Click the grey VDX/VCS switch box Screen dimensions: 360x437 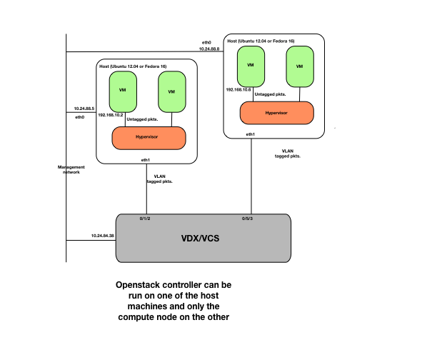point(203,237)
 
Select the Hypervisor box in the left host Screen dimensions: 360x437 point(149,137)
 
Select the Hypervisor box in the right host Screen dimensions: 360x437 point(276,113)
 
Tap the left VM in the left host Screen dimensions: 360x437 point(122,90)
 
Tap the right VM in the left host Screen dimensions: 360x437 point(171,91)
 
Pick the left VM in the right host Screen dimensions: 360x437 point(251,65)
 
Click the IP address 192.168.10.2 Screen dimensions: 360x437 point(111,114)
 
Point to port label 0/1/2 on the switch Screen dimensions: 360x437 point(146,219)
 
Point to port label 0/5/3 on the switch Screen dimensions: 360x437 point(247,219)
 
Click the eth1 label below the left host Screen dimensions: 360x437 point(146,160)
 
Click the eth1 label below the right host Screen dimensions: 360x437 point(251,134)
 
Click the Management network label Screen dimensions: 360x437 point(71,169)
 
